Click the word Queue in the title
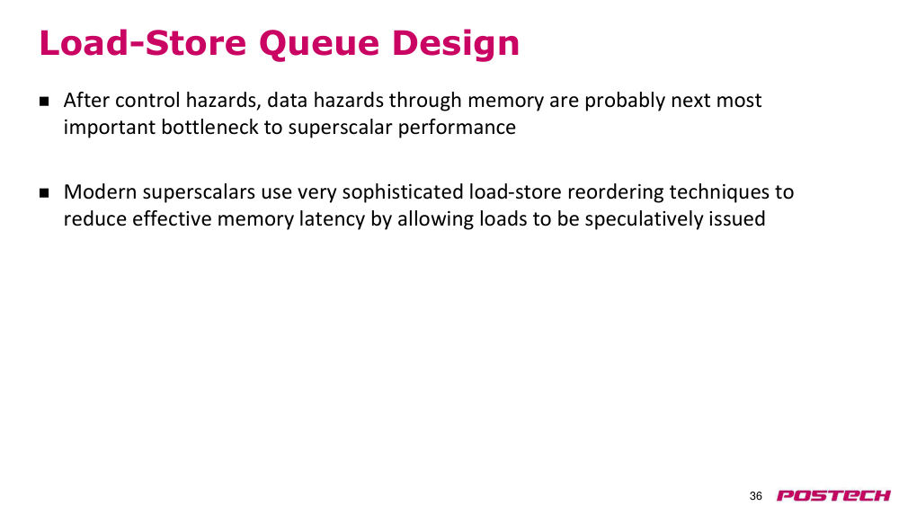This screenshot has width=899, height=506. click(319, 44)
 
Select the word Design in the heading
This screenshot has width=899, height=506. click(456, 44)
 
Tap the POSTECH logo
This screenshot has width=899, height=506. click(833, 496)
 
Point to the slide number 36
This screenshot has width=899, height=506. click(756, 496)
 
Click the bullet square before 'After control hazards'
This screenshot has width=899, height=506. click(44, 102)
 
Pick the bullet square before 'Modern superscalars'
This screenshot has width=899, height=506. click(44, 192)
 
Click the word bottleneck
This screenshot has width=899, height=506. click(209, 127)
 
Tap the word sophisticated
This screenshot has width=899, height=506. click(403, 192)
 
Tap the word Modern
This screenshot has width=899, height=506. click(101, 191)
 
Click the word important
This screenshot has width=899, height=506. click(110, 128)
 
